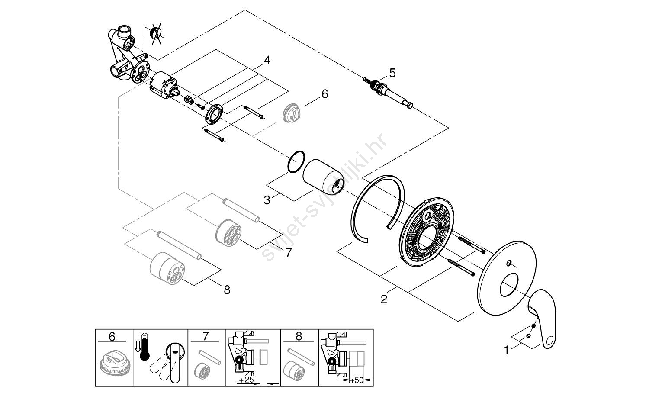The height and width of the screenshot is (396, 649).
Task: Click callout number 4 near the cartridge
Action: click(x=267, y=61)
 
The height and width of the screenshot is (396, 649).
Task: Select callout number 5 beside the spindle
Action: click(x=392, y=73)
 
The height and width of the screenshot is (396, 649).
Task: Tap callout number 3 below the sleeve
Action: click(x=267, y=200)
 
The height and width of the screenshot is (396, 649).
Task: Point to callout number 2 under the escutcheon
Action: click(x=384, y=299)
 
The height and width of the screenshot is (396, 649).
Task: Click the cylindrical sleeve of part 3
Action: click(x=322, y=177)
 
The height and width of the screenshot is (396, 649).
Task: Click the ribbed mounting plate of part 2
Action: click(x=427, y=234)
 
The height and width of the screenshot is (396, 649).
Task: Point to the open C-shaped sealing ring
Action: click(x=376, y=208)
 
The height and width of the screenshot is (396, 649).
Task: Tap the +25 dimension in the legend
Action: click(x=246, y=380)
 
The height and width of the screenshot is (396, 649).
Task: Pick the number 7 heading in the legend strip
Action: click(x=206, y=336)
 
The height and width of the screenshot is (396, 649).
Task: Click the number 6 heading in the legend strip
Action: click(x=112, y=336)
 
